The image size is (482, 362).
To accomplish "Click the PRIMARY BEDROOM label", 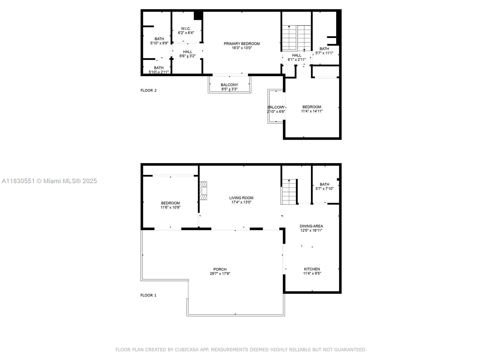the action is click(242, 44).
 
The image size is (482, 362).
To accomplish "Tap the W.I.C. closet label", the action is click(186, 29).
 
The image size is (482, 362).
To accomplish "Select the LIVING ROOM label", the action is click(241, 198).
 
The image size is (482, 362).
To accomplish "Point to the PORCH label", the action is click(220, 269).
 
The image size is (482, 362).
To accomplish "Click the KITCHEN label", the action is click(312, 269).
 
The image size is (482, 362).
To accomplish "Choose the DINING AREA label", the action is click(311, 226).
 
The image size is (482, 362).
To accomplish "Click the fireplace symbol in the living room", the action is click(203, 191).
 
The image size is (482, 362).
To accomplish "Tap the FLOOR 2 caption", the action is click(149, 90).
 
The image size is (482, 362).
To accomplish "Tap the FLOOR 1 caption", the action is click(148, 295).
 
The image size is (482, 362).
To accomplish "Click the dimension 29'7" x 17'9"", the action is click(220, 274).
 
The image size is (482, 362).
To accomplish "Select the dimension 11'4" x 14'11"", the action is click(311, 111).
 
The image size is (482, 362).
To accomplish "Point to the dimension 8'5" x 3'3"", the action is click(229, 89).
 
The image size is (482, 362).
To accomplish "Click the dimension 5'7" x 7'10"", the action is click(324, 189).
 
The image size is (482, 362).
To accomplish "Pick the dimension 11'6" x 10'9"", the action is click(171, 207).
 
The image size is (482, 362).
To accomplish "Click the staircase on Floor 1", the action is click(289, 192).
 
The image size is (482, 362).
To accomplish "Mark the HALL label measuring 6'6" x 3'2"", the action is click(188, 52).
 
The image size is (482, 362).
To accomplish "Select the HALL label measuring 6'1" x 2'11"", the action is click(296, 56).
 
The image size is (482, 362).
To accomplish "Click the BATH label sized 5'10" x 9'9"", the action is click(159, 39).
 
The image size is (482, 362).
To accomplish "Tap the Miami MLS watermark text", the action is click(49, 181).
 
